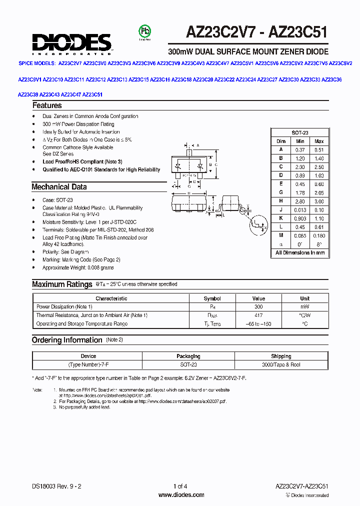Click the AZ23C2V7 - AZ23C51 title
pos(257,32)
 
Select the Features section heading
pos(47,105)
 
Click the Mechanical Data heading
pos(59,187)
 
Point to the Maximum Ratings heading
pos(61,284)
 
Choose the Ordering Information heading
pos(66,340)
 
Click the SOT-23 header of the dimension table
pos(299,133)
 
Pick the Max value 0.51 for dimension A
pos(318,150)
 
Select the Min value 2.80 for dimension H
pos(299,201)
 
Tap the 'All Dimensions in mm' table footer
pos(299,253)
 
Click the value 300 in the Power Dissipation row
pos(258,306)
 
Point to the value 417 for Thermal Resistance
pos(258,315)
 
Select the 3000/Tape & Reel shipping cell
pos(281,365)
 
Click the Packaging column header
pos(188,356)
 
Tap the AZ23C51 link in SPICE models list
pos(92,94)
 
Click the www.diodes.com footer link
pos(181,495)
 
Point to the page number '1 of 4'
pos(180,486)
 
